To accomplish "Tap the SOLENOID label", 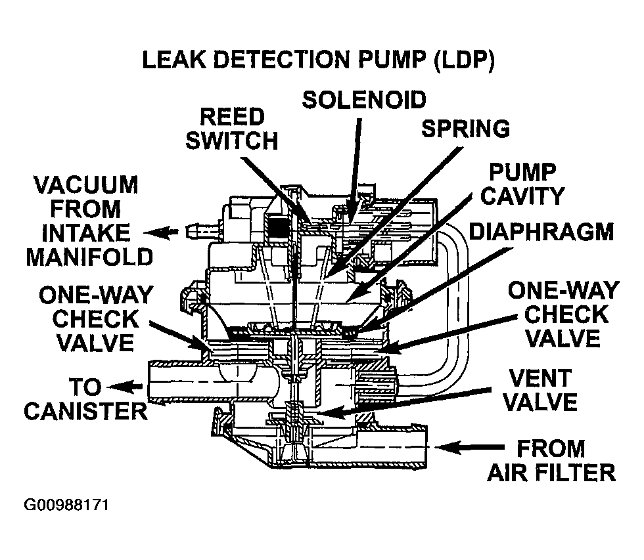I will tap(363, 100).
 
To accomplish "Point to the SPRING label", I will tap(465, 128).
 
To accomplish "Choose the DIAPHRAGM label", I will tap(540, 232).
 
